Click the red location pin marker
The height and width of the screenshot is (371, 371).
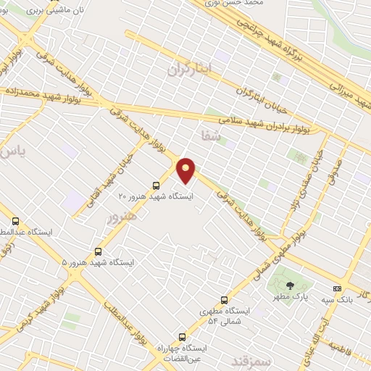186,170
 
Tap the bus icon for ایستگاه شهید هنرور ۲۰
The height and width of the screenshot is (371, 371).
157,185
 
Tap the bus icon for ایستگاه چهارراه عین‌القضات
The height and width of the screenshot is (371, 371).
182,336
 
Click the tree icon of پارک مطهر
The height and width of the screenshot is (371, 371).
291,285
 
